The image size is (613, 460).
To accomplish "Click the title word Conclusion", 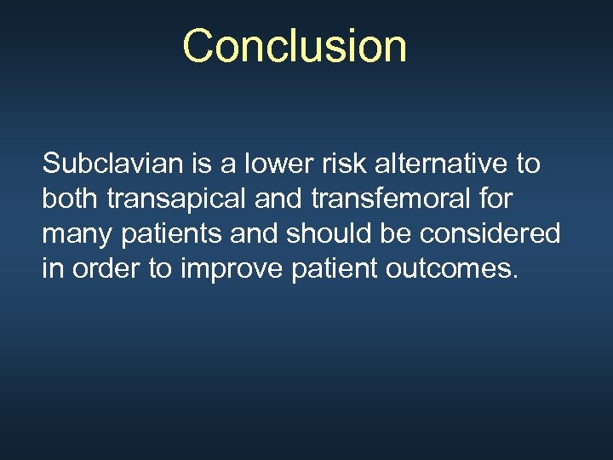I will (x=295, y=46).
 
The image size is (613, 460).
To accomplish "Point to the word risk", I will (x=333, y=163).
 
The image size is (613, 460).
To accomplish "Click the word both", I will (x=71, y=198).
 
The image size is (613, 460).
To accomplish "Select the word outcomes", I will (x=447, y=268).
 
